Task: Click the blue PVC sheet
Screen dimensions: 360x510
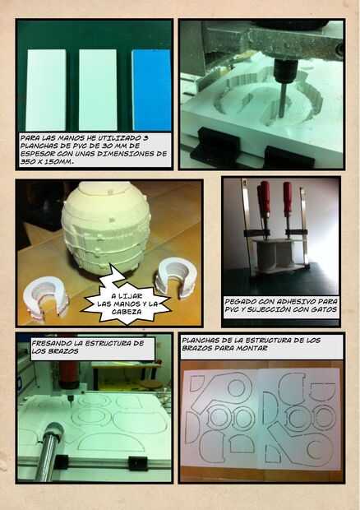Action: click(x=151, y=90)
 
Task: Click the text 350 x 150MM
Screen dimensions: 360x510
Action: click(x=47, y=161)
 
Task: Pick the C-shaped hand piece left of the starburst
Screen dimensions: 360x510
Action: click(x=45, y=296)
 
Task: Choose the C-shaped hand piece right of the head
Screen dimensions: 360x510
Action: click(x=176, y=277)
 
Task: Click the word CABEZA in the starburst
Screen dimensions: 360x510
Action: click(x=127, y=312)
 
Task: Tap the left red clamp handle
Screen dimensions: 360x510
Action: click(x=264, y=199)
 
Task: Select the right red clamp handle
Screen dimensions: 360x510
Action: click(x=287, y=198)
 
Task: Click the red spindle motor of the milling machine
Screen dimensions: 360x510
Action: click(x=69, y=375)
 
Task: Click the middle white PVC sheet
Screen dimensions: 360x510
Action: click(x=98, y=90)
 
